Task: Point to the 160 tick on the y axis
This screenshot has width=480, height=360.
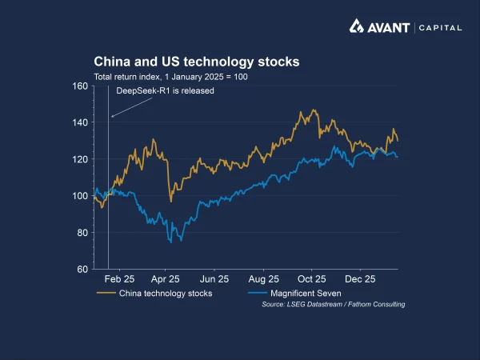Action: (x=79, y=86)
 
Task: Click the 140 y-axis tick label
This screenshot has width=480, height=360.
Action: (x=79, y=122)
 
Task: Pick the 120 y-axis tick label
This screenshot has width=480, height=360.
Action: (x=79, y=159)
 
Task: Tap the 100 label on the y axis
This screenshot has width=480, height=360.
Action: (x=79, y=196)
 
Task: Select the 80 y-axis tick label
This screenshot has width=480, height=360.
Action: (x=82, y=233)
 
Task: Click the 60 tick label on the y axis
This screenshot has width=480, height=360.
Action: (x=82, y=270)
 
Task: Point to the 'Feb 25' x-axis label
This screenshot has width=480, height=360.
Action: (x=118, y=280)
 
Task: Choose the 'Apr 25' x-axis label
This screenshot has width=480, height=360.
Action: (x=166, y=280)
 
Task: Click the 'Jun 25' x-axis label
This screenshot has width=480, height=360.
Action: (x=214, y=280)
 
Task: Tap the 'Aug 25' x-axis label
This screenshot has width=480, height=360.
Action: (x=263, y=280)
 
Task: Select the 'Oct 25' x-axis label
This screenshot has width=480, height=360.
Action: (x=312, y=280)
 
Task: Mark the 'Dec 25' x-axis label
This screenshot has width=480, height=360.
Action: (x=360, y=280)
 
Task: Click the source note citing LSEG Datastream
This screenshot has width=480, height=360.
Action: (x=333, y=305)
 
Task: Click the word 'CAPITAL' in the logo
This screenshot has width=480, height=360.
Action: (x=440, y=28)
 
